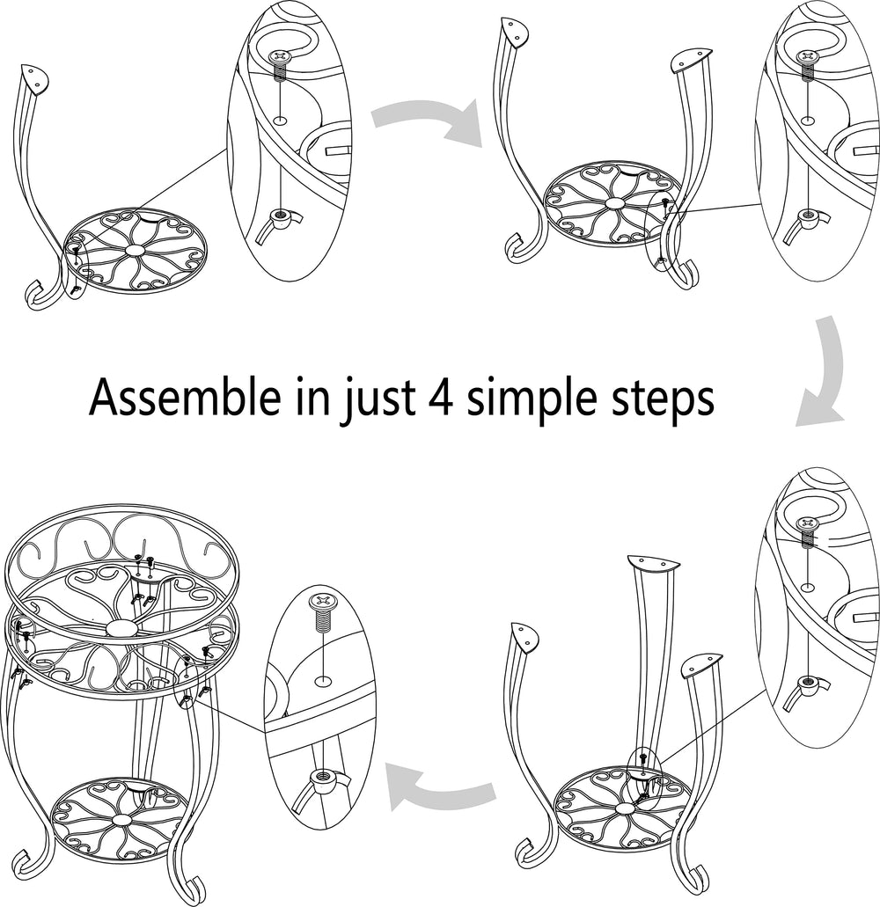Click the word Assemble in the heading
click(184, 397)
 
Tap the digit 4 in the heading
click(442, 398)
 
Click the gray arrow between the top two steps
click(428, 121)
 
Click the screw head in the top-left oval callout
click(280, 56)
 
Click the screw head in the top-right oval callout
click(807, 56)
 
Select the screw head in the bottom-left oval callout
click(323, 601)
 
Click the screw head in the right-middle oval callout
click(807, 524)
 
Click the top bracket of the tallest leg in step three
click(653, 561)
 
